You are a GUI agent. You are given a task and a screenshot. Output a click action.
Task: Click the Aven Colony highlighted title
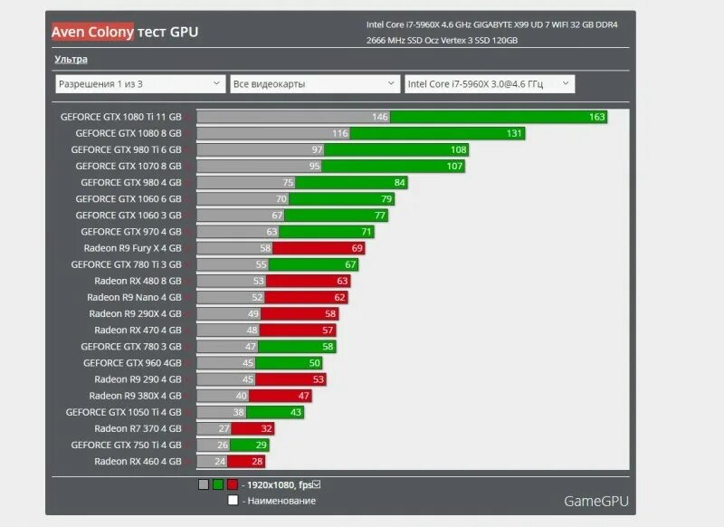point(92,33)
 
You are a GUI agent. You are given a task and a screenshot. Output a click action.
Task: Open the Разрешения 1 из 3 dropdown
point(140,84)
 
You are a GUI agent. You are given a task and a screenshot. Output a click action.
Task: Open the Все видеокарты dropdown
point(314,84)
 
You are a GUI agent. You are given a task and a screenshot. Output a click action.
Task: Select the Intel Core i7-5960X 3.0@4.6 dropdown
point(489,84)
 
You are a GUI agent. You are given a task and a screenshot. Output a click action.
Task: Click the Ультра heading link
point(71,59)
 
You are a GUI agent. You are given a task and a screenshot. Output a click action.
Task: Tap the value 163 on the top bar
point(596,117)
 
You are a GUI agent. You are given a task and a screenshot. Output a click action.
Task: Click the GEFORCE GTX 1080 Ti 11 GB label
point(121,117)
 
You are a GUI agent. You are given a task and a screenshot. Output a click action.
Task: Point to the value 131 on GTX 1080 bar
point(515,133)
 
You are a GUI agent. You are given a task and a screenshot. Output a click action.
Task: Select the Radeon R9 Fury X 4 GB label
point(132,248)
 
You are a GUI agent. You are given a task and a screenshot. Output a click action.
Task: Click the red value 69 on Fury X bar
point(357,248)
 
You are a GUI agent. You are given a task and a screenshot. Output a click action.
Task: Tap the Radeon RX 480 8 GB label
point(136,281)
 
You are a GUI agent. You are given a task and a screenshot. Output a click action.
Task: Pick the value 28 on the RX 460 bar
point(256,462)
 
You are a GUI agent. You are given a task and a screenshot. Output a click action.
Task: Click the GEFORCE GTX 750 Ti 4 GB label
point(126,446)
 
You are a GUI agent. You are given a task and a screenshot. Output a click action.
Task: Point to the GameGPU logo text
point(595,501)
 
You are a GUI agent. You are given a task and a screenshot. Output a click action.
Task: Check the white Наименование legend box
point(233,500)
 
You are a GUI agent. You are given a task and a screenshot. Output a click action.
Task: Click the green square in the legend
point(218,484)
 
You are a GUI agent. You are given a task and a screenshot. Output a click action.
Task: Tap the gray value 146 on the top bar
point(379,117)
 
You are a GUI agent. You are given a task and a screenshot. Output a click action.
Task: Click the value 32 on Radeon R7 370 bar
point(266,429)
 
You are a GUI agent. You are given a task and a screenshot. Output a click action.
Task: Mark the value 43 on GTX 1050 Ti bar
point(295,412)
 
